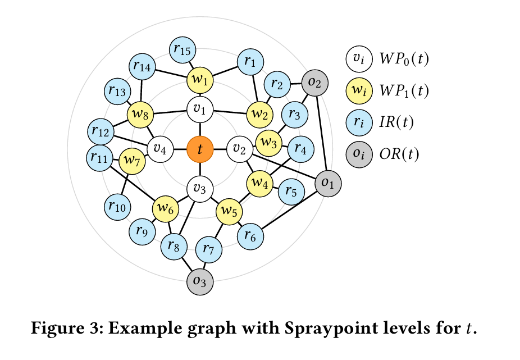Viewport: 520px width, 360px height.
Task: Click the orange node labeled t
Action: tap(200, 149)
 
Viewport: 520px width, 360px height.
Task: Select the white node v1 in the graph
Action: tap(200, 110)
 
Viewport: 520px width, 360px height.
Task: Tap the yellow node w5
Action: tap(229, 212)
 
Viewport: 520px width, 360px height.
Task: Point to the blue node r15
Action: tap(183, 50)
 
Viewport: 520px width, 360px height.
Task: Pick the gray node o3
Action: tap(200, 282)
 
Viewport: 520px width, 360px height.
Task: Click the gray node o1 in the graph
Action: tap(328, 184)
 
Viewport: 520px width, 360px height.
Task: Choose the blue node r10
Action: tap(117, 207)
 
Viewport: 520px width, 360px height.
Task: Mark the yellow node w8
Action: tap(140, 115)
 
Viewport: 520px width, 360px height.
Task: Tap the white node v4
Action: tap(160, 149)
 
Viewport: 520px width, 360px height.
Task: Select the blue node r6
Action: tap(250, 236)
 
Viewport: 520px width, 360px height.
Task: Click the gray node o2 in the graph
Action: tap(314, 83)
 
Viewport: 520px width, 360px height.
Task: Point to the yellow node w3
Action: tap(268, 143)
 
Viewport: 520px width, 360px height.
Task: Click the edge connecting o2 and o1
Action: tap(322, 133)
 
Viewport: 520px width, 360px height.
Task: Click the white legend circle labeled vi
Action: tap(359, 59)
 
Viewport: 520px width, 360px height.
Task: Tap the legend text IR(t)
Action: tap(396, 122)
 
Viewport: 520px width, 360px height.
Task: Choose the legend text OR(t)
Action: tap(399, 154)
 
